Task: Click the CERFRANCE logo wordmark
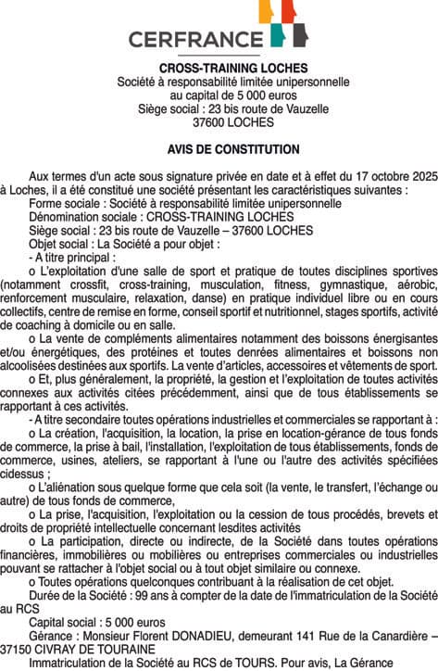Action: click(195, 39)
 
